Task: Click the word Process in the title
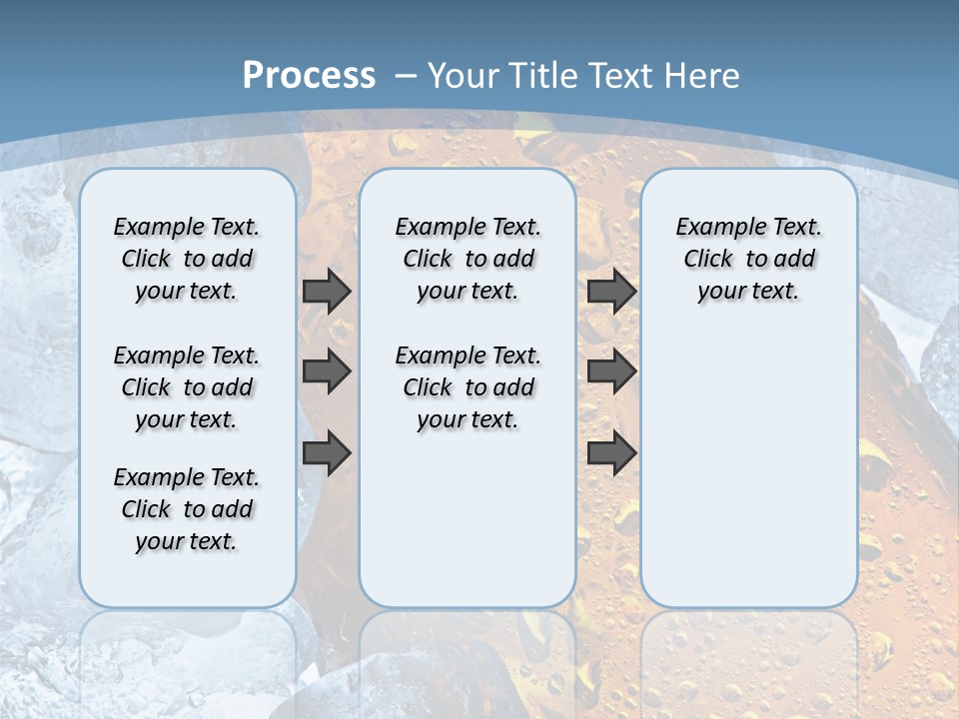tap(309, 76)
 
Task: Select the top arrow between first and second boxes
tap(327, 292)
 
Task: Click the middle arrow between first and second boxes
tap(327, 371)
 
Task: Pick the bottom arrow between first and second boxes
tap(327, 453)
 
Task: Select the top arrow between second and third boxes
tap(611, 292)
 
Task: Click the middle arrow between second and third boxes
tap(611, 371)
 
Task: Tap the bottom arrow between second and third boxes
tap(611, 453)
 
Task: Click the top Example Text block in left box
tap(187, 259)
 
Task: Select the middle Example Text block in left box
tap(187, 387)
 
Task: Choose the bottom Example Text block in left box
tap(187, 509)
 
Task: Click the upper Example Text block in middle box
tap(468, 259)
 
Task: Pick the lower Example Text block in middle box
tap(468, 387)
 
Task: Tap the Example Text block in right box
tap(748, 259)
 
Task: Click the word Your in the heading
tap(465, 76)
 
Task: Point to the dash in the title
tap(406, 76)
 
